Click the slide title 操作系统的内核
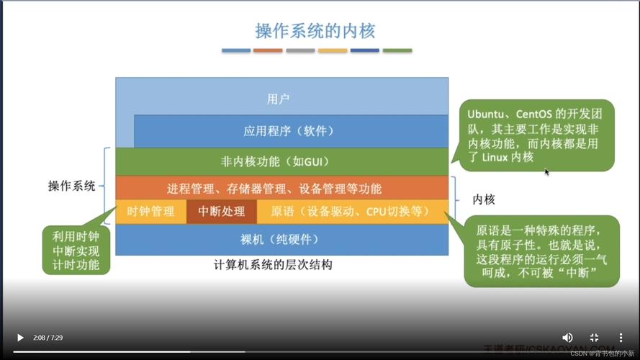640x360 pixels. [315, 31]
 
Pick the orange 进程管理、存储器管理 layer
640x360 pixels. [274, 189]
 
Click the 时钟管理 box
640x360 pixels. [150, 212]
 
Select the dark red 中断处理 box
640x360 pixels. [222, 212]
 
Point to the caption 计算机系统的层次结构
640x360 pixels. [273, 265]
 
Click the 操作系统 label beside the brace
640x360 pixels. [72, 186]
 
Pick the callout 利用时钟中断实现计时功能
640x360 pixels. [76, 250]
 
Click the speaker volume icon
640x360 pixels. [567, 337]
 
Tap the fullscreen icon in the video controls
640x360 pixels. [594, 337]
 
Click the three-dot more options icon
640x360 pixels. [621, 337]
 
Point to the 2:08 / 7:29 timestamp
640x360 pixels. [48, 338]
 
